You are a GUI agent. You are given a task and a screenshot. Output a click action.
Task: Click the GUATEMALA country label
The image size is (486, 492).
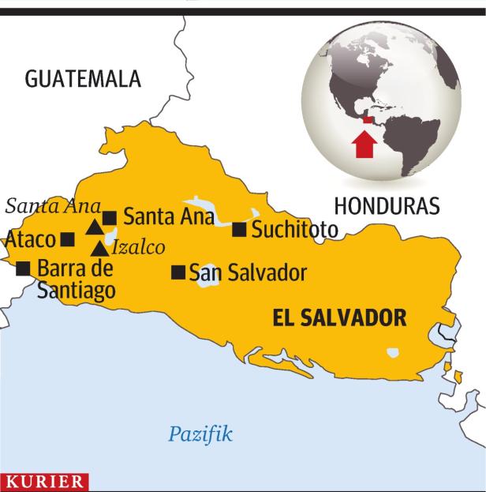pos(83,79)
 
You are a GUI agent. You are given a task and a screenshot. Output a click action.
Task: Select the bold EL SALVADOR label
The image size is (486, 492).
pos(338,317)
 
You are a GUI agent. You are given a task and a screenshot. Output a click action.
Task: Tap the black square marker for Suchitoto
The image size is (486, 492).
pos(240,229)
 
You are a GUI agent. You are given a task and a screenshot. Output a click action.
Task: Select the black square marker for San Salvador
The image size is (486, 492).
pos(178,272)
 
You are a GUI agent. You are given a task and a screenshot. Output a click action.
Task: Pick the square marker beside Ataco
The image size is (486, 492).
pos(68,238)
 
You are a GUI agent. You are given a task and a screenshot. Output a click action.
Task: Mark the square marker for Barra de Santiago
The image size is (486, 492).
pos(24,268)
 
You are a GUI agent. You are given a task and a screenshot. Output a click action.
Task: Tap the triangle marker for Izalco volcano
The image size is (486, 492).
pos(99,248)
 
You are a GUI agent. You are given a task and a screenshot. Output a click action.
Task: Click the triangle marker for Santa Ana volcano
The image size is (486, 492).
pos(95,227)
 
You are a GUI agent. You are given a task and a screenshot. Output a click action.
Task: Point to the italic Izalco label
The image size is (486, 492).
pos(138,247)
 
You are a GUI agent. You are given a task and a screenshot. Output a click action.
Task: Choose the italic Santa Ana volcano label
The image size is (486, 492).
pos(53,206)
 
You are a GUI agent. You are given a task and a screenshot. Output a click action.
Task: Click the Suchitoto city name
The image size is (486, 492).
pos(294,230)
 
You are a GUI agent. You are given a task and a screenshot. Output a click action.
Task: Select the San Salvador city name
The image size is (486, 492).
pos(247,273)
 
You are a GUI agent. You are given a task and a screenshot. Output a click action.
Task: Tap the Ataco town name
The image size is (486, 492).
pos(31,239)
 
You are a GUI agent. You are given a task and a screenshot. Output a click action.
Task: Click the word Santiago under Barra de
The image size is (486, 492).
pos(76,290)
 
